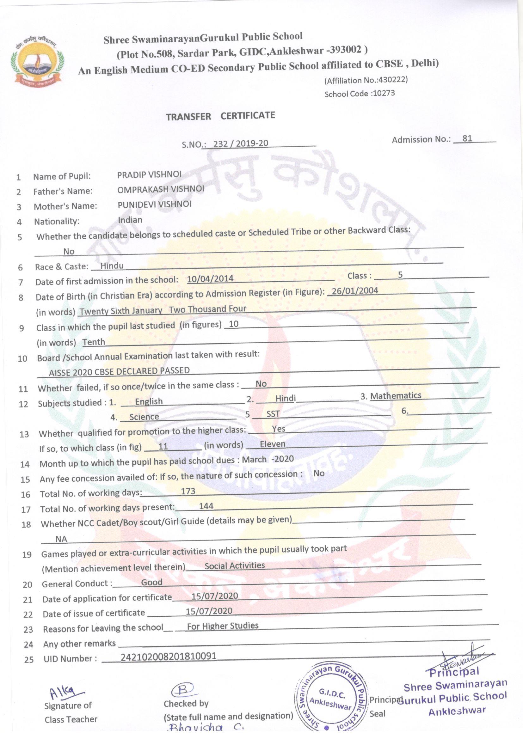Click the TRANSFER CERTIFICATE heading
[220, 116]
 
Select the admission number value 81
[467, 138]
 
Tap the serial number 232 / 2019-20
[241, 144]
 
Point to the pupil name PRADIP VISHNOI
[149, 174]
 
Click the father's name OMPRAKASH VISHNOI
[161, 189]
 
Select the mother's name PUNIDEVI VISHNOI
[155, 204]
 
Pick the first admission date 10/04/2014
[210, 278]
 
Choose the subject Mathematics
[396, 395]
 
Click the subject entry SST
[273, 414]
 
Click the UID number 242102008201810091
[168, 656]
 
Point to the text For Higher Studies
[223, 626]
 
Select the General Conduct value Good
[152, 582]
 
